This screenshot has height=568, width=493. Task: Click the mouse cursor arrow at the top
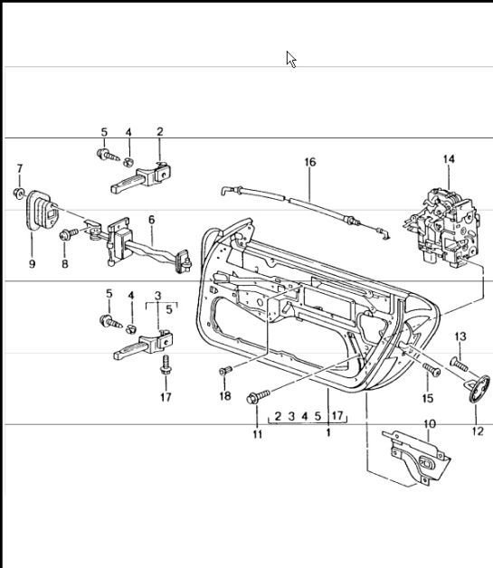pyautogui.click(x=291, y=59)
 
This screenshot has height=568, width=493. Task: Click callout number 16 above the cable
pyautogui.click(x=309, y=163)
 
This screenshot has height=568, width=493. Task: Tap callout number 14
pyautogui.click(x=449, y=160)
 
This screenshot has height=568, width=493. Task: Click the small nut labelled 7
pyautogui.click(x=19, y=193)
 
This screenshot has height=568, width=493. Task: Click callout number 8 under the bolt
pyautogui.click(x=64, y=264)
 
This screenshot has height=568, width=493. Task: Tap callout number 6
pyautogui.click(x=151, y=219)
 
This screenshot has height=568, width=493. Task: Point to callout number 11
pyautogui.click(x=257, y=435)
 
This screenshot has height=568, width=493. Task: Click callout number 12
pyautogui.click(x=477, y=432)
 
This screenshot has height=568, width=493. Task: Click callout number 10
pyautogui.click(x=429, y=423)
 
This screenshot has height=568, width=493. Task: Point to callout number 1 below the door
pyautogui.click(x=327, y=433)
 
